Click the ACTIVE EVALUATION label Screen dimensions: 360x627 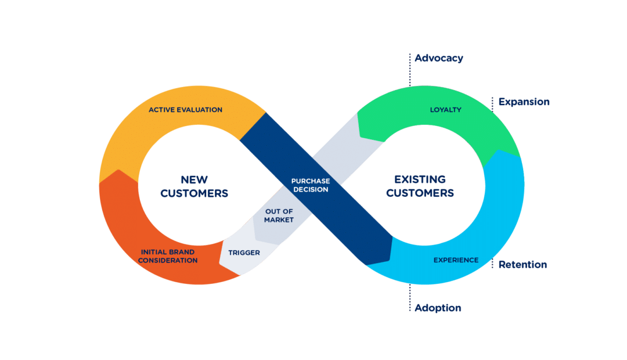tap(185, 110)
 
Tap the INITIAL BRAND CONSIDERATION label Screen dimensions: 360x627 tap(168, 256)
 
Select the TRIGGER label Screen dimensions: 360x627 tap(244, 253)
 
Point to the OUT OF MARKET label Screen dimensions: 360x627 tap(279, 215)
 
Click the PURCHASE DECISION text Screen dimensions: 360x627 tap(310, 185)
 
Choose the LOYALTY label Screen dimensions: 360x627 tap(445, 110)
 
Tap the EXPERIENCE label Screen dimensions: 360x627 tap(456, 260)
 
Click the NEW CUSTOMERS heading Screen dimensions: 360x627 tap(194, 186)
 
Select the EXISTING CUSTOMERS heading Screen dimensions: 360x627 tap(420, 186)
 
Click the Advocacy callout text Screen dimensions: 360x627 tap(438, 58)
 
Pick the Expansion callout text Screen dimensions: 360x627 tap(524, 102)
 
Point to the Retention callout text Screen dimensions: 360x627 tap(522, 265)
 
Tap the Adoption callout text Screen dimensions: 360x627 tap(438, 308)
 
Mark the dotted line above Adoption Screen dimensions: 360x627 tap(410, 293)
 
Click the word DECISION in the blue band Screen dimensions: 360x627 tap(310, 189)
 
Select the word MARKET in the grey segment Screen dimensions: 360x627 tap(279, 219)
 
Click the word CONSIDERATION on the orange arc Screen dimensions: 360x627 tap(168, 260)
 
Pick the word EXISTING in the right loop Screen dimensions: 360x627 tap(420, 179)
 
